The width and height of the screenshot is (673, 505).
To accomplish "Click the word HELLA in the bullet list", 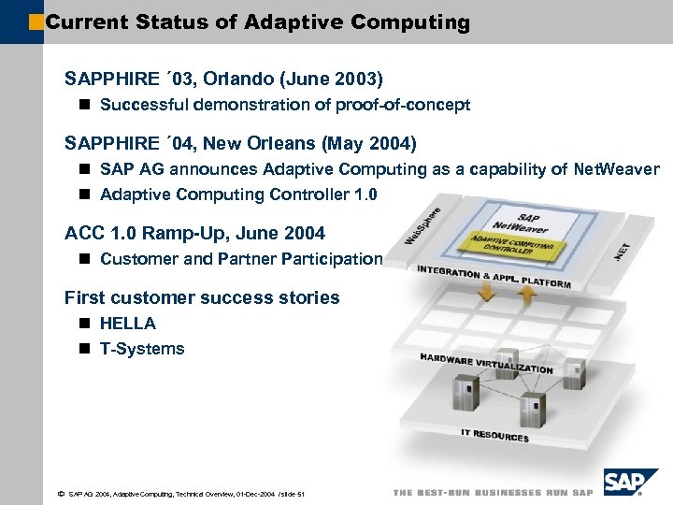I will click(x=127, y=324).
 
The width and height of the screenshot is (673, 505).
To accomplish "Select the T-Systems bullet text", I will click(x=142, y=349).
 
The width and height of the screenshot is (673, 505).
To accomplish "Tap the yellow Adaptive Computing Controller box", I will click(x=511, y=247).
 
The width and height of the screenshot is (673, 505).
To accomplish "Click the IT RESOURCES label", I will click(x=494, y=435).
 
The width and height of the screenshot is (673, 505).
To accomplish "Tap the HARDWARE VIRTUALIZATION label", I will click(x=486, y=363).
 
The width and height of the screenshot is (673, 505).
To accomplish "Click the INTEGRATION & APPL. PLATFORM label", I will click(x=494, y=277).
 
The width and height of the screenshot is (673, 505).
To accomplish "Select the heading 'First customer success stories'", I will click(x=202, y=297).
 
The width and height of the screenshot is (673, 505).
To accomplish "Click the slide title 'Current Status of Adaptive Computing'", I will click(x=257, y=22).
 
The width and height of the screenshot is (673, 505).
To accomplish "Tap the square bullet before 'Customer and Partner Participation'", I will click(x=84, y=259).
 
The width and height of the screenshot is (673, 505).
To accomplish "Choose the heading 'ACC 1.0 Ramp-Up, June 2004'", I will click(x=195, y=233).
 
